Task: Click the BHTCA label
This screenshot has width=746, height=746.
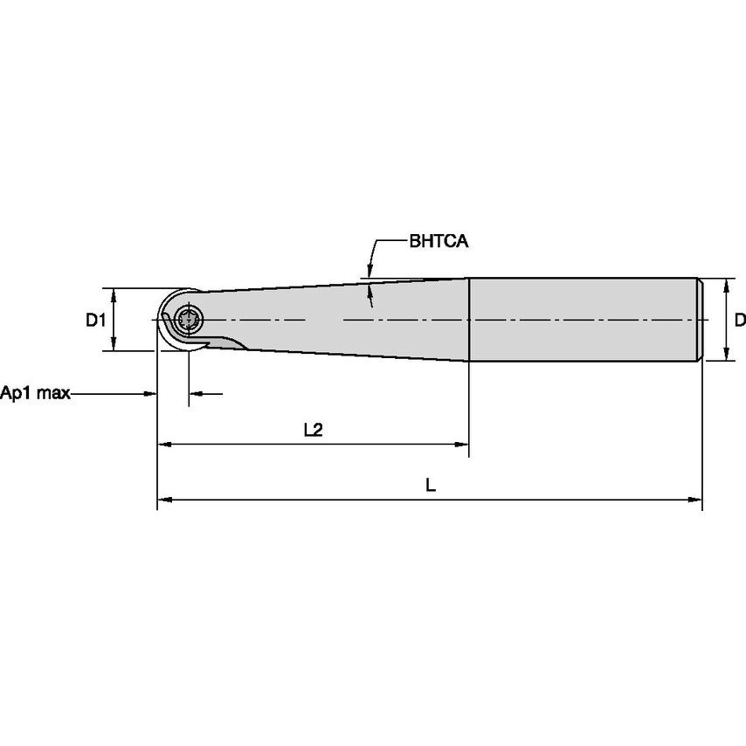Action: coord(439,242)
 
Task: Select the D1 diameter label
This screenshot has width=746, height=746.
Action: coord(95,321)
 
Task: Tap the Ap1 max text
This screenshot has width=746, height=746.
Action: coord(34,393)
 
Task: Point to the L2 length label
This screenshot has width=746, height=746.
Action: coord(313,430)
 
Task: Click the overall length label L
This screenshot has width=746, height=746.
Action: coord(431,486)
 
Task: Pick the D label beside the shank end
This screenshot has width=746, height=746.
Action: coord(739,321)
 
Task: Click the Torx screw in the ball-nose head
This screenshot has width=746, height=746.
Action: coord(189,320)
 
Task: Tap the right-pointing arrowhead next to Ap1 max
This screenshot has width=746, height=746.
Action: coord(150,394)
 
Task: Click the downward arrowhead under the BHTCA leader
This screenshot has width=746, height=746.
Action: coord(370,273)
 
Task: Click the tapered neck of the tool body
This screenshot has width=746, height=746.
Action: coord(349,319)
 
